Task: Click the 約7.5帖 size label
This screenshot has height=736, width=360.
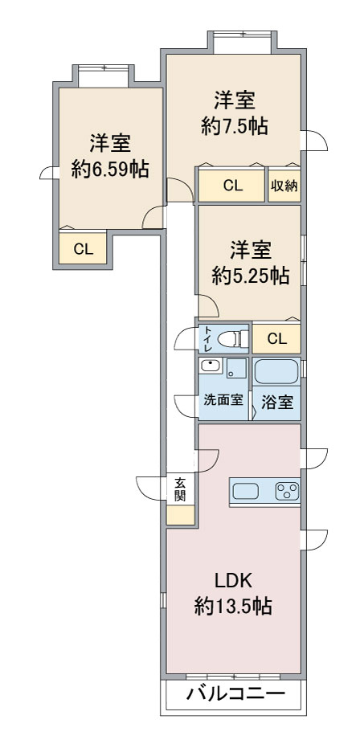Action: (x=234, y=127)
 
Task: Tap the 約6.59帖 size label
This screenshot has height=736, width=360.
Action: (x=109, y=170)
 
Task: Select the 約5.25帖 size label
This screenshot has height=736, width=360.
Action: (x=251, y=276)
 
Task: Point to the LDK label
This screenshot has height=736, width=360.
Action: (x=233, y=581)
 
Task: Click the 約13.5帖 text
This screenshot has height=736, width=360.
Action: (x=233, y=607)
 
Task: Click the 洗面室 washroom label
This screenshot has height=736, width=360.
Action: (x=223, y=400)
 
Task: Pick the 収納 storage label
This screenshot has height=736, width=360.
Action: (x=284, y=186)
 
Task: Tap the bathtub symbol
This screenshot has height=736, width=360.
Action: (x=276, y=372)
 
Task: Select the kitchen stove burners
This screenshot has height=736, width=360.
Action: (x=286, y=492)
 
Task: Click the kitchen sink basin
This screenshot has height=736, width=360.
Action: (x=246, y=492)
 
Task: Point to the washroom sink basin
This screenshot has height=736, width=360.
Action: (x=210, y=367)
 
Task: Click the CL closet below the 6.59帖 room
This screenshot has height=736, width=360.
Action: (x=84, y=249)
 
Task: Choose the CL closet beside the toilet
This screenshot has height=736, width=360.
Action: (x=276, y=339)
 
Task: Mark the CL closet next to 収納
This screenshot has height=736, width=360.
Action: (x=232, y=186)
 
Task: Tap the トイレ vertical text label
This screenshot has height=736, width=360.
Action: (x=207, y=339)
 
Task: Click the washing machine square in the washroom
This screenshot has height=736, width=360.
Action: (x=236, y=370)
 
